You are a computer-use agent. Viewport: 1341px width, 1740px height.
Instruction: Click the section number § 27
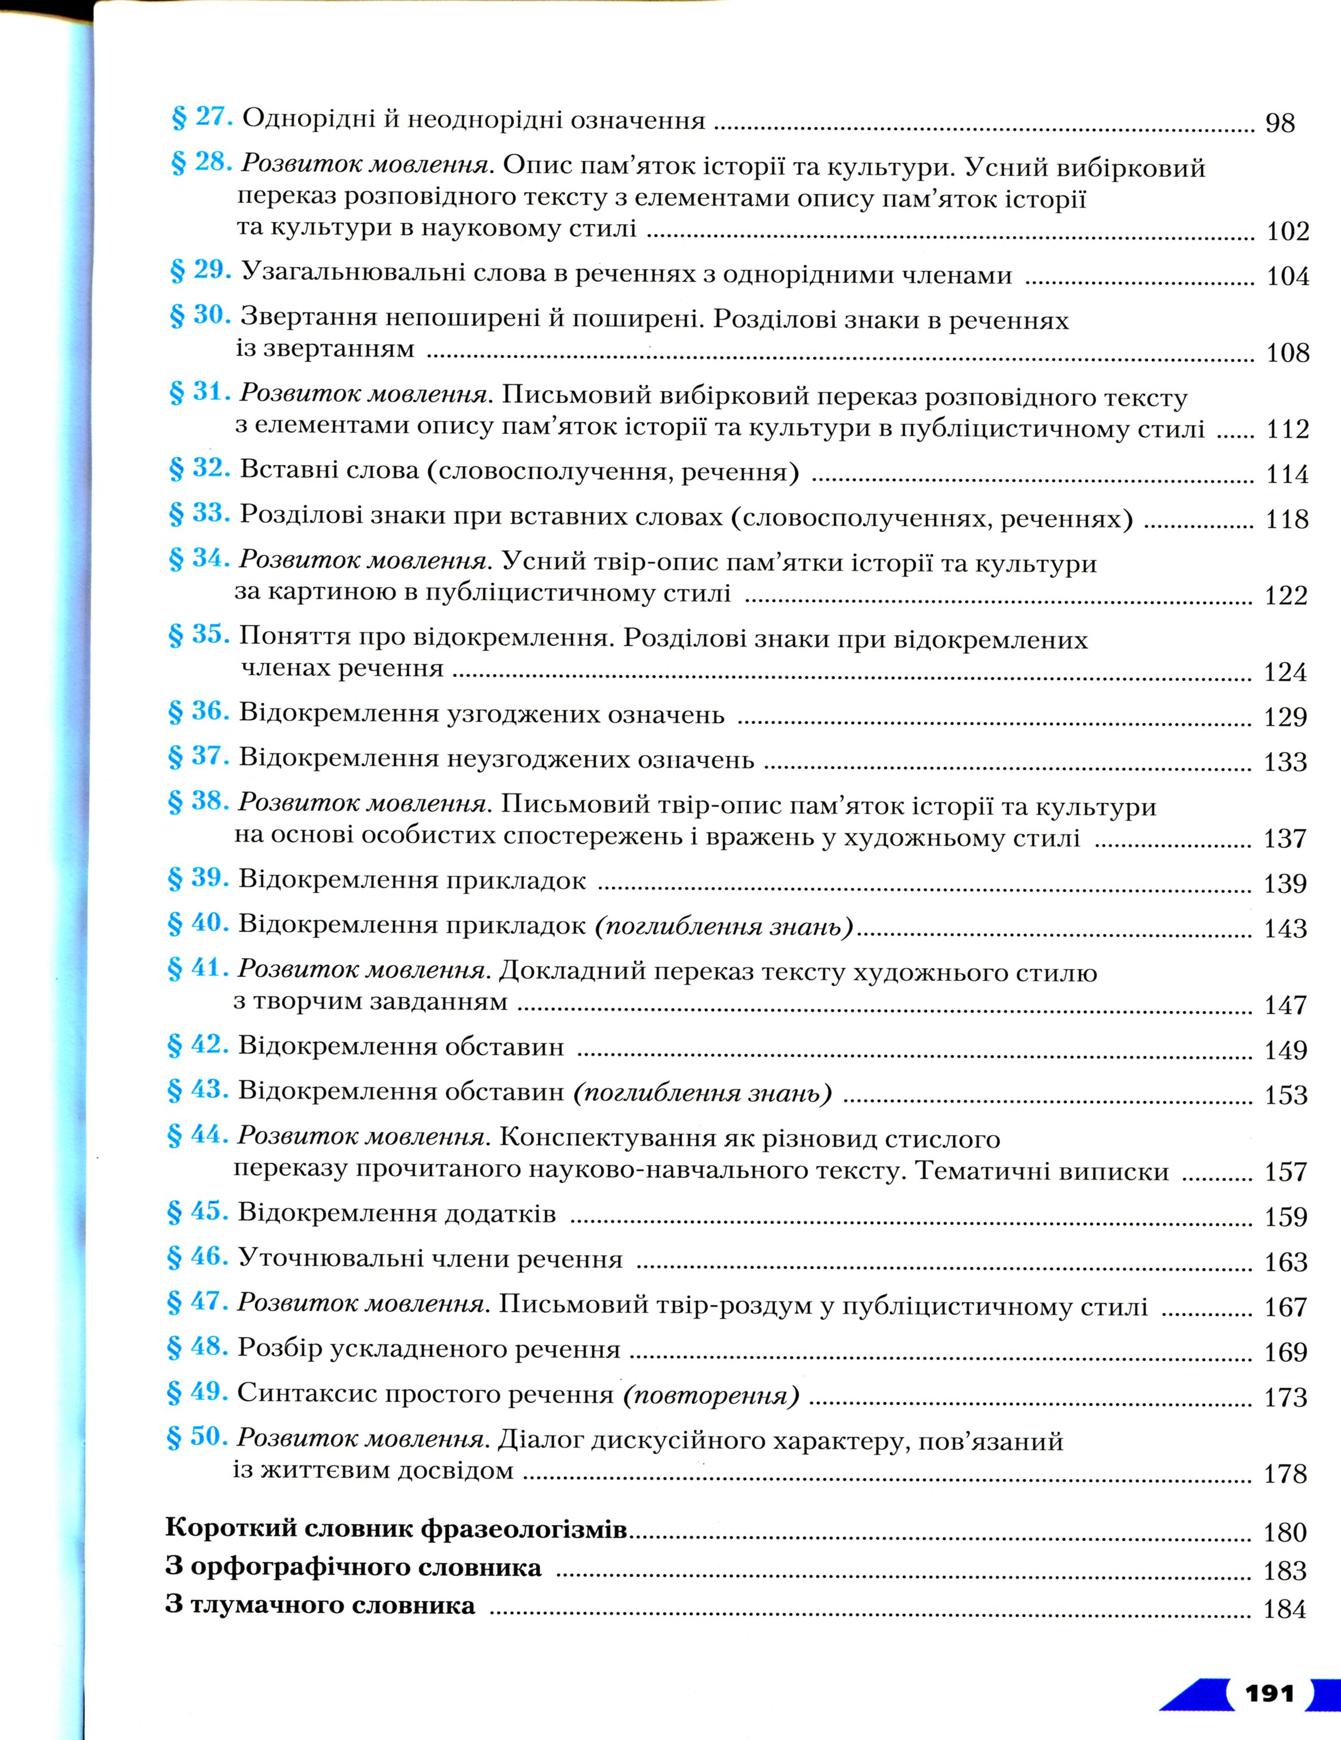click(x=202, y=118)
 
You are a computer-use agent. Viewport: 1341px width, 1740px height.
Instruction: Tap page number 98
click(x=1280, y=123)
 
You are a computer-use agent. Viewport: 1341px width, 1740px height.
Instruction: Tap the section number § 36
click(x=198, y=711)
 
